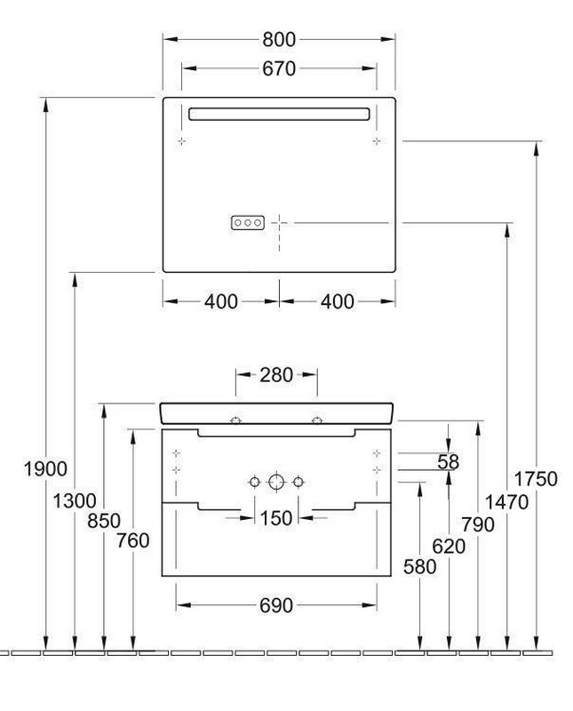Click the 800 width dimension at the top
[279, 40]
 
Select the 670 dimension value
[279, 69]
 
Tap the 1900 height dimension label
[45, 469]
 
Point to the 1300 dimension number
[75, 501]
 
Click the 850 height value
[104, 521]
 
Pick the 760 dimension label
[133, 540]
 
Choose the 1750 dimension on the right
[536, 479]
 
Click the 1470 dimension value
[506, 502]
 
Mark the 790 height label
[478, 524]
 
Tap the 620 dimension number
[449, 547]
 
